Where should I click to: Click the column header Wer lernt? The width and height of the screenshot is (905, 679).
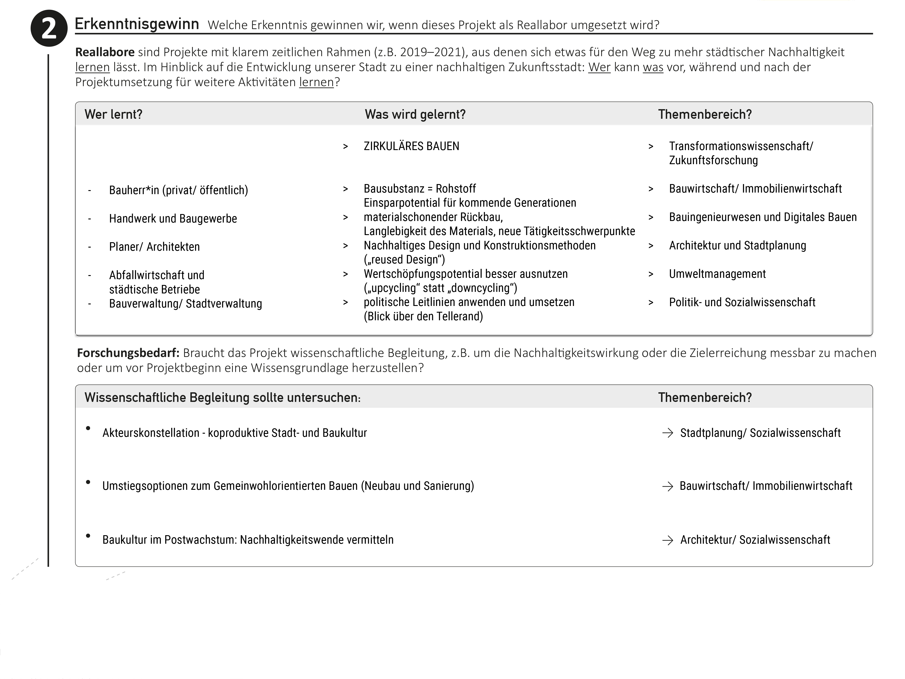[x=113, y=114]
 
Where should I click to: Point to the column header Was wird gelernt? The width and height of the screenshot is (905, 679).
[x=415, y=114]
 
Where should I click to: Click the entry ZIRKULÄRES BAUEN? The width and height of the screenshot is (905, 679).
[x=411, y=146]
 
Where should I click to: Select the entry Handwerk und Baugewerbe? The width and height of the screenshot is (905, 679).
[x=173, y=219]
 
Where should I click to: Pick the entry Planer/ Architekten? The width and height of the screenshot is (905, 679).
[x=154, y=247]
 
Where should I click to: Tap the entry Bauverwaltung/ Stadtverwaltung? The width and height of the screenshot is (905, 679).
[x=185, y=304]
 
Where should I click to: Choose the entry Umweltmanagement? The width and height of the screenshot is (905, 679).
[x=717, y=274]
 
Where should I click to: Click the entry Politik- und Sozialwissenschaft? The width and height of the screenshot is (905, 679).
[x=742, y=302]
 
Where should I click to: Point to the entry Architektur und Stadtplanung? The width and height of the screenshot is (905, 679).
[x=737, y=246]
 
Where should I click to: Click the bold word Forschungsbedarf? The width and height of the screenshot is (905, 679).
[x=128, y=353]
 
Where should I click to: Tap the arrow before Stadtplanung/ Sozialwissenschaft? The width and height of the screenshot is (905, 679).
[x=667, y=433]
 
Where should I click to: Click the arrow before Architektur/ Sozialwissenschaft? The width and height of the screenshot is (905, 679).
[x=667, y=540]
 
